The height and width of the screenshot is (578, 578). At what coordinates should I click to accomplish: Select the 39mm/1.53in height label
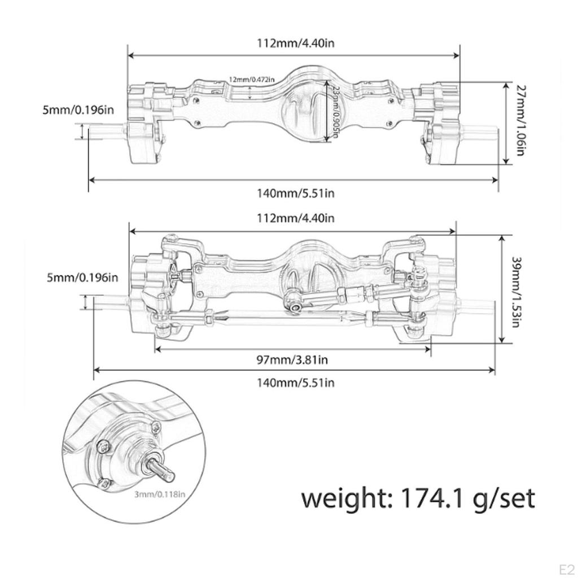pos(516,291)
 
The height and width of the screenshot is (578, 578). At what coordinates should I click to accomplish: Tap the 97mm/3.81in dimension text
pos(293,360)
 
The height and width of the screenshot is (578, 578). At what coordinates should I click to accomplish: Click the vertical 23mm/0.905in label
pos(336,112)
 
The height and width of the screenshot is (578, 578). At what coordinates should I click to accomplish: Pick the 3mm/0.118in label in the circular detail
pos(160,494)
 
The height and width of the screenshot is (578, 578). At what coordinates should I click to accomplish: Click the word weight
pos(347,498)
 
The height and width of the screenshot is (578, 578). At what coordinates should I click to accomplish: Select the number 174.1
pos(434,498)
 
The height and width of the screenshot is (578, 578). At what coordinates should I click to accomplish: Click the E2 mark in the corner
pos(566,567)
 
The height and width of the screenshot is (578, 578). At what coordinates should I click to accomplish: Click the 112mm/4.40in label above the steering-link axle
pos(295,218)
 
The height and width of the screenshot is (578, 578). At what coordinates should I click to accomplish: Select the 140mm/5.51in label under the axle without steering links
pos(296,193)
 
